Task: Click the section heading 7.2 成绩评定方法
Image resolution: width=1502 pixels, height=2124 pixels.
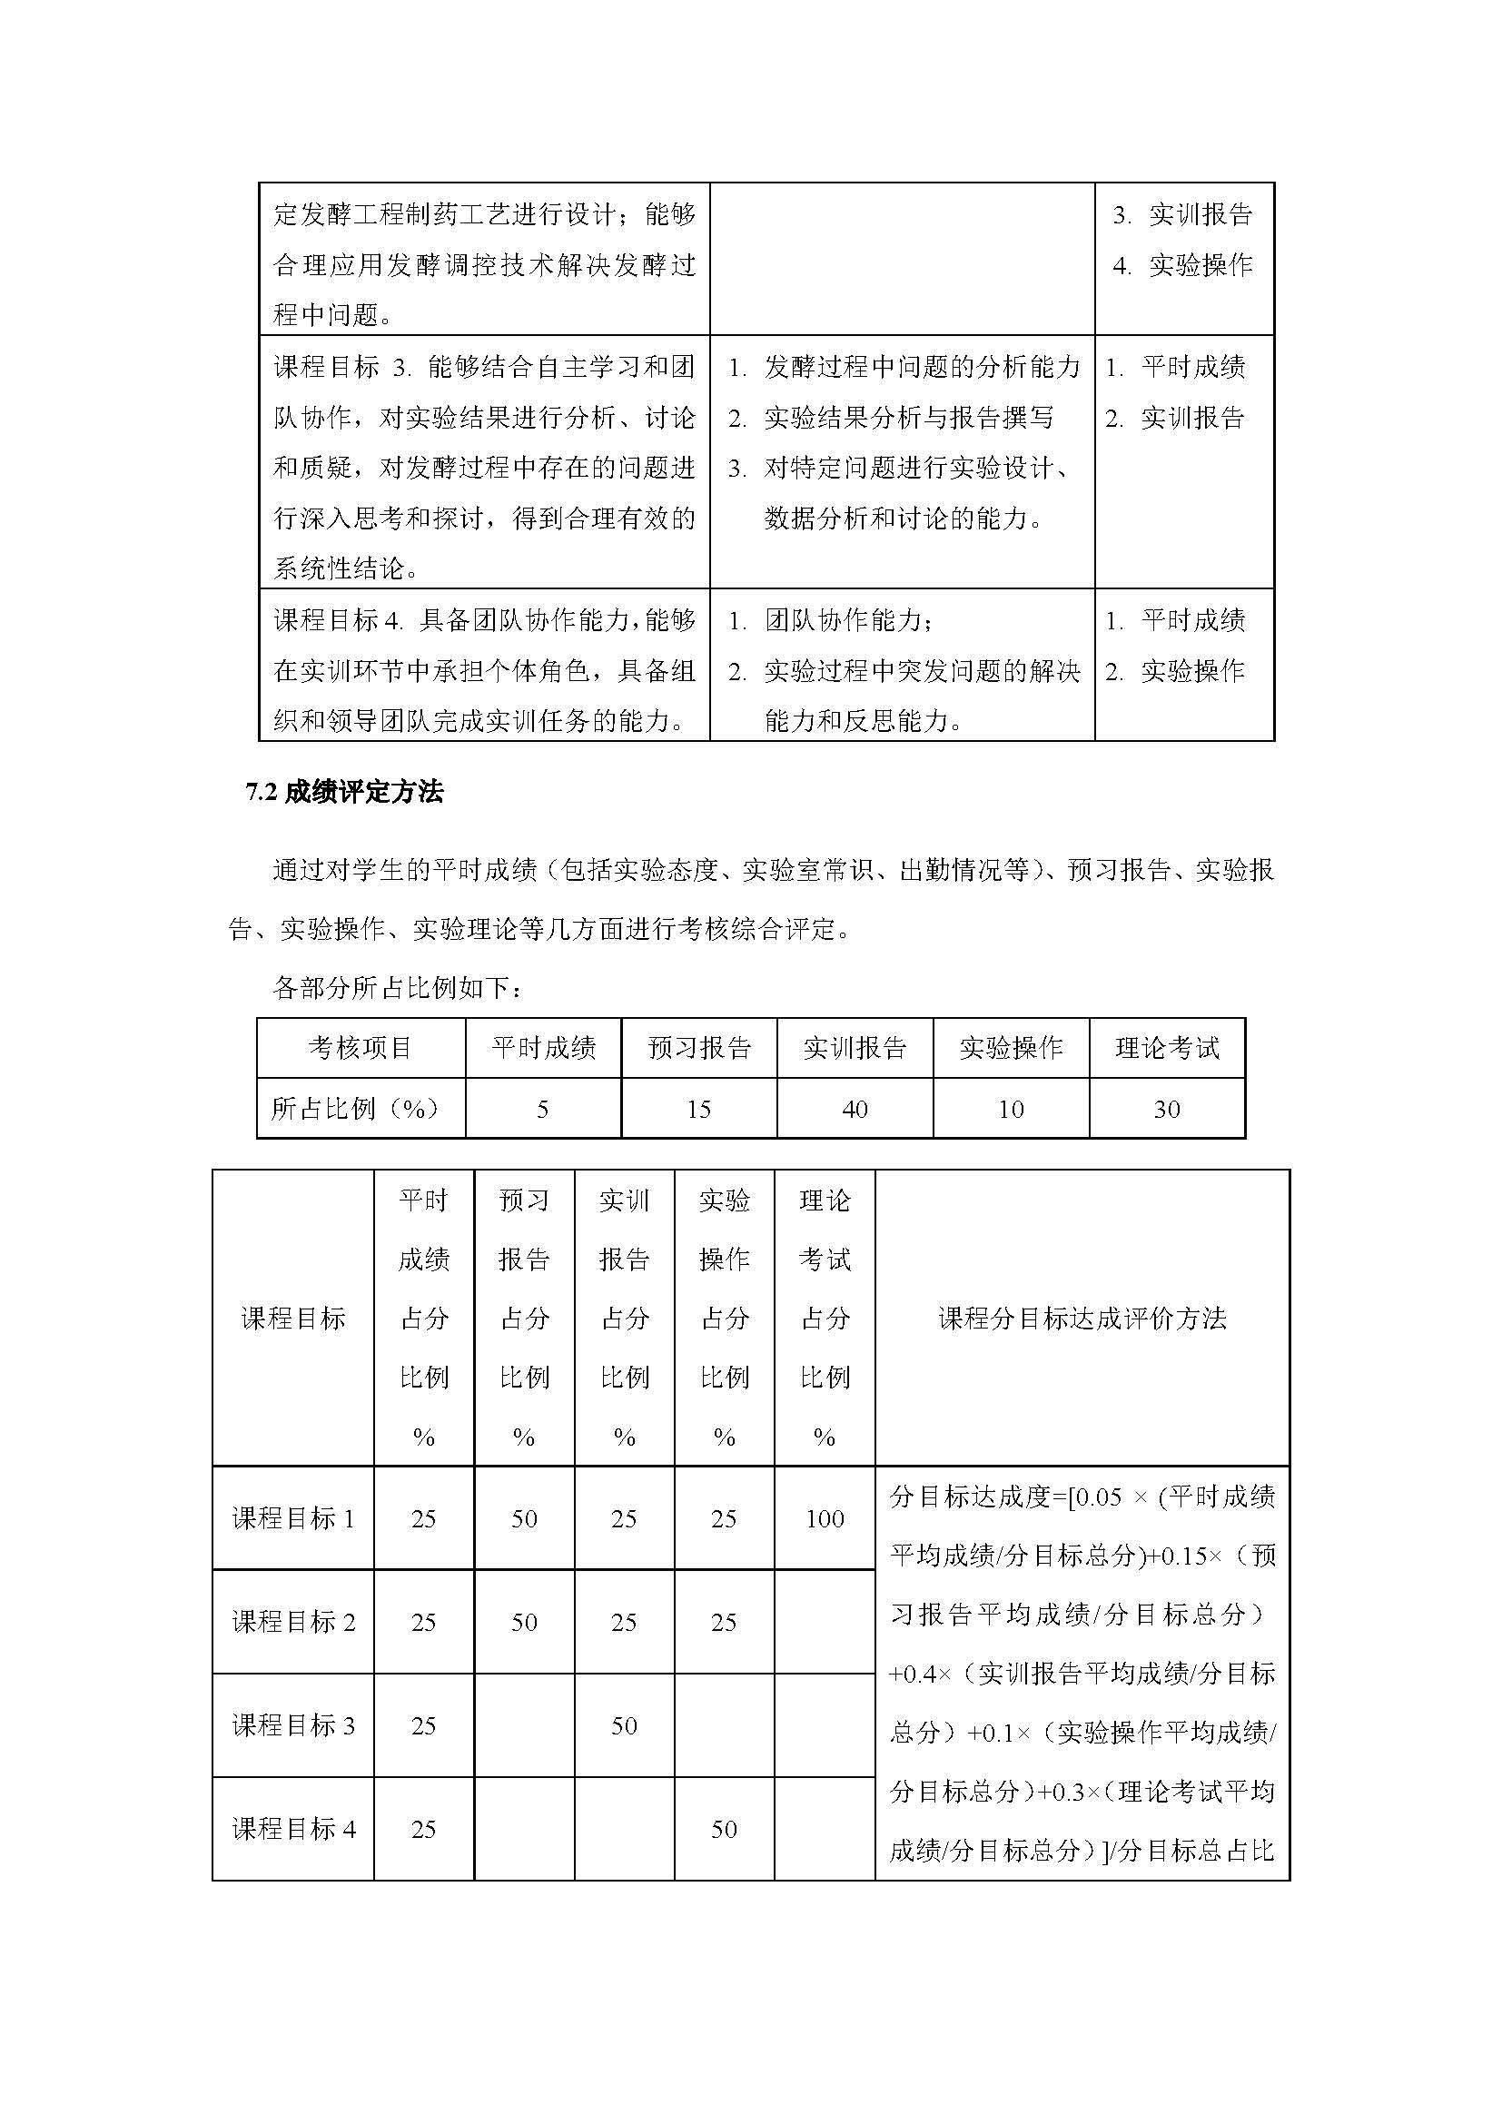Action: coord(344,792)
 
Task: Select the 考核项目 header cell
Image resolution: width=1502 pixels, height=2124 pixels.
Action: coord(360,1048)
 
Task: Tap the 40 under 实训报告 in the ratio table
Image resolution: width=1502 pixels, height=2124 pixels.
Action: coord(855,1109)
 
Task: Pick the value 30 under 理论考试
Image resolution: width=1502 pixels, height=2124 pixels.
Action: coord(1166,1109)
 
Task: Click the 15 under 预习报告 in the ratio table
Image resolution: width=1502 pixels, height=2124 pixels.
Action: coord(698,1109)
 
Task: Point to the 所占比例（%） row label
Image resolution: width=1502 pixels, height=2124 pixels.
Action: coord(354,1108)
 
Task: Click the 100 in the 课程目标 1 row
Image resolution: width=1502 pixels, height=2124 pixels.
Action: coord(824,1519)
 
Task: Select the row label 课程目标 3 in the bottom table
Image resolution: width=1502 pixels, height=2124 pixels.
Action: coord(293,1726)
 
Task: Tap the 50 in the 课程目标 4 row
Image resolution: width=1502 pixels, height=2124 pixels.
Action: coord(723,1830)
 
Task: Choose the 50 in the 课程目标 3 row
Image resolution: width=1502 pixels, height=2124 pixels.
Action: coord(623,1726)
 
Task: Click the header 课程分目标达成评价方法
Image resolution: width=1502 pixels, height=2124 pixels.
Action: coord(1082,1319)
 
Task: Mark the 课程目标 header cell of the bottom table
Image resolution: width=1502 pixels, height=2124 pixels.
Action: coord(293,1319)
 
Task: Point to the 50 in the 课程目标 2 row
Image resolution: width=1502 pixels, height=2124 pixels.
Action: coord(523,1623)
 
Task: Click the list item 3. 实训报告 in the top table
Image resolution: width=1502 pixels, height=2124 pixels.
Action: coord(1183,215)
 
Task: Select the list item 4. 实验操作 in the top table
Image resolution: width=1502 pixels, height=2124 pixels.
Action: coord(1183,266)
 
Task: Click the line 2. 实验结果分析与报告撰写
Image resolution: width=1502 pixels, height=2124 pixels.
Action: coord(891,418)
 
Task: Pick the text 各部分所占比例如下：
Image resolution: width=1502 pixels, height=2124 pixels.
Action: coord(398,988)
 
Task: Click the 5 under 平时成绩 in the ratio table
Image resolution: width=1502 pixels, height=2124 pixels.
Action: coord(543,1109)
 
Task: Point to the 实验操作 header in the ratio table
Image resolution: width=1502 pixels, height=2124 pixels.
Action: coord(1010,1048)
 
